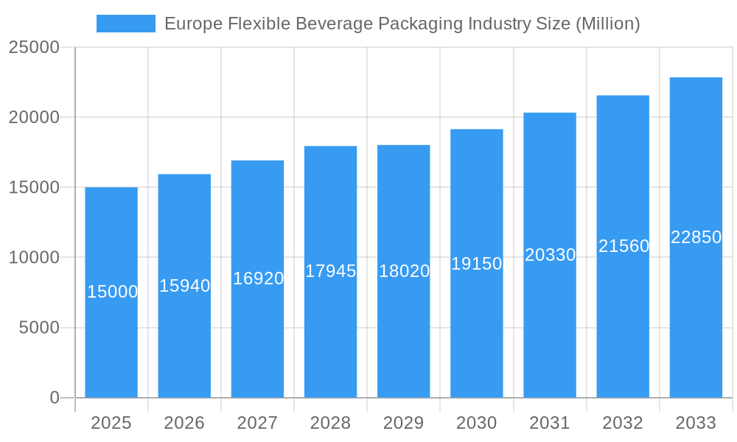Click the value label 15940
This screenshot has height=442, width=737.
click(x=185, y=286)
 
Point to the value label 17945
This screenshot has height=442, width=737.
click(x=331, y=271)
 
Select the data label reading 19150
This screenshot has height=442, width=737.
click(x=477, y=264)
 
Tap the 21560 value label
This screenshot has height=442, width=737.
click(x=624, y=246)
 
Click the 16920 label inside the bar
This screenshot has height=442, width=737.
click(x=258, y=278)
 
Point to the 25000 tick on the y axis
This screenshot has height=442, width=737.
click(x=34, y=47)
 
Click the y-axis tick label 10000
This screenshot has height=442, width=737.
click(x=34, y=258)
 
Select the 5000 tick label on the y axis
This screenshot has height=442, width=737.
click(x=39, y=328)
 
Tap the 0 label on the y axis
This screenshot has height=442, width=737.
click(x=55, y=398)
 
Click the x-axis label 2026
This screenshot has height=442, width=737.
click(x=184, y=423)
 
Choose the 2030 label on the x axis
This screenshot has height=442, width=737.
click(x=477, y=423)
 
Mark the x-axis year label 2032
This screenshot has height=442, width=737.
click(x=623, y=423)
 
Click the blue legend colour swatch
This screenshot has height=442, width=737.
click(x=126, y=24)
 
